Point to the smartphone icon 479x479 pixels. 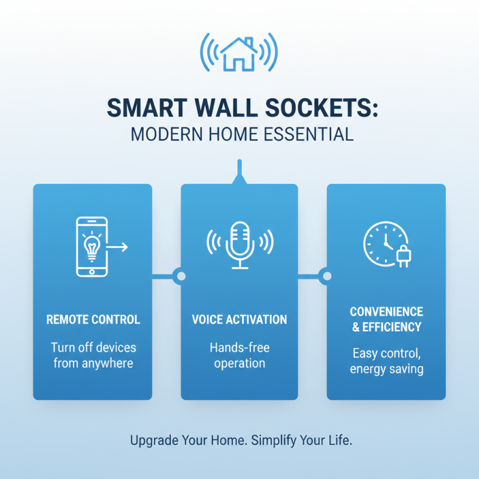[x=92, y=246]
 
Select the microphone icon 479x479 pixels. [x=239, y=244]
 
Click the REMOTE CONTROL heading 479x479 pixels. [x=93, y=319]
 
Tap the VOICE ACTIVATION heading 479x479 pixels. [x=239, y=319]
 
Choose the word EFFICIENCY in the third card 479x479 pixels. [x=392, y=327]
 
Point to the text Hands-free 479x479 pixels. [x=239, y=347]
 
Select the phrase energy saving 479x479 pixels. [x=386, y=369]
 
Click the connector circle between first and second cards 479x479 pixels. [x=178, y=276]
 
